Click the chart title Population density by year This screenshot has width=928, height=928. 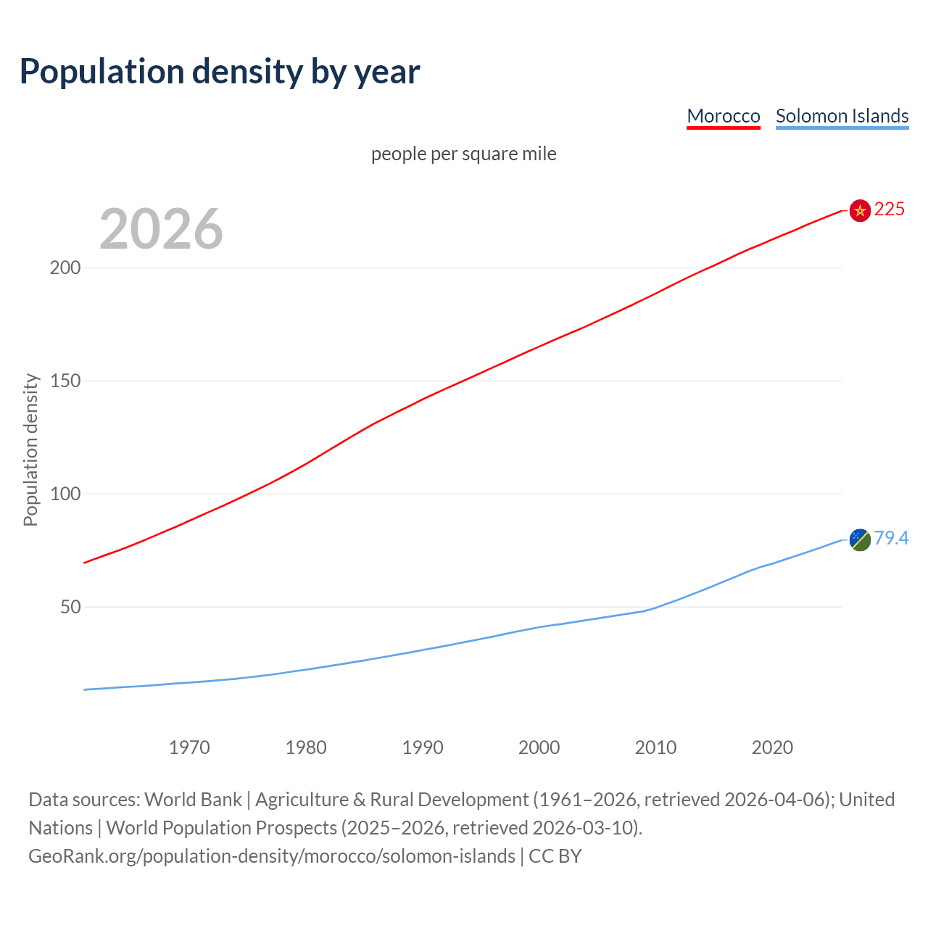(x=220, y=72)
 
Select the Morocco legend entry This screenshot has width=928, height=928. (x=723, y=116)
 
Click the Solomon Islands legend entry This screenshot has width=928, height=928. (x=842, y=116)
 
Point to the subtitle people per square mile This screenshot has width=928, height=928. (x=463, y=154)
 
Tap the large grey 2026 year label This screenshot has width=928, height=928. (x=161, y=229)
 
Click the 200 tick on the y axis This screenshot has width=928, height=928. (x=65, y=268)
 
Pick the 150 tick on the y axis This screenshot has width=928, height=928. (x=65, y=381)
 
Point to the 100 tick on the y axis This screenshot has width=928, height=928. (x=65, y=494)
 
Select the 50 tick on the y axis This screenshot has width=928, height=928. (x=70, y=607)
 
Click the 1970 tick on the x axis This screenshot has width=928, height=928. (x=189, y=747)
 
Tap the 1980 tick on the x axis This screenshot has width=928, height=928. (x=306, y=747)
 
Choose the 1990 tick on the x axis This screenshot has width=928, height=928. (x=423, y=747)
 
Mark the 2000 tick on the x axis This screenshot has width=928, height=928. (x=539, y=747)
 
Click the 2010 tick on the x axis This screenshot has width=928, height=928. (x=655, y=747)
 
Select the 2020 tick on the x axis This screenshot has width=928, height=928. (x=772, y=747)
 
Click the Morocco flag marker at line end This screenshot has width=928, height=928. (x=860, y=210)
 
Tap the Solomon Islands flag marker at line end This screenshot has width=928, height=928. (x=860, y=539)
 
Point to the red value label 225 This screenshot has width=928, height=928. (x=890, y=209)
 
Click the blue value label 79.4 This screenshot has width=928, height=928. (x=891, y=538)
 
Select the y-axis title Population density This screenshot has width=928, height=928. (x=30, y=449)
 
